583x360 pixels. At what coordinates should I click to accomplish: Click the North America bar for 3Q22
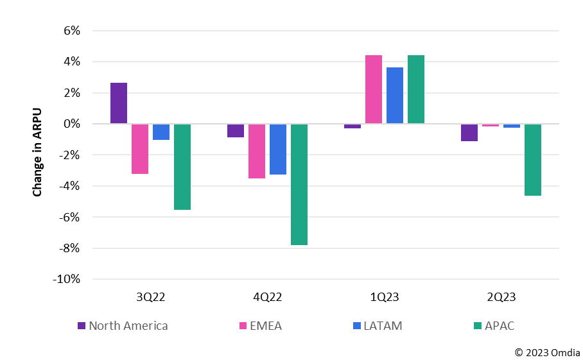pyautogui.click(x=119, y=103)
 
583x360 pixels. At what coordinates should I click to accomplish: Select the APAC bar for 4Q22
pyautogui.click(x=299, y=184)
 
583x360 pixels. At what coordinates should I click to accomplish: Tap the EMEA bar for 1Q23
pyautogui.click(x=374, y=89)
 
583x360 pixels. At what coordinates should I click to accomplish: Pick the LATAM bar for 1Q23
pyautogui.click(x=395, y=96)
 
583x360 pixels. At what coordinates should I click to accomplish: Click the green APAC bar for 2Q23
pyautogui.click(x=533, y=160)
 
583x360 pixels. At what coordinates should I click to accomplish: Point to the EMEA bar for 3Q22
pyautogui.click(x=140, y=149)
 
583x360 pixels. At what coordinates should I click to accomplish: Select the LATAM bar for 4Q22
pyautogui.click(x=278, y=149)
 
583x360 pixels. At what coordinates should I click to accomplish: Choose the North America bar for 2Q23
pyautogui.click(x=469, y=132)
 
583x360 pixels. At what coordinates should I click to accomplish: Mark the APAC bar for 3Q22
pyautogui.click(x=182, y=167)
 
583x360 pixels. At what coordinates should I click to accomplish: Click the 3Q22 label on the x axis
pyautogui.click(x=151, y=297)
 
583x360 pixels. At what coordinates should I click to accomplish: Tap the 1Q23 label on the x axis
pyautogui.click(x=385, y=297)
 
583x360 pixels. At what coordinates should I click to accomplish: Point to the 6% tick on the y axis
pyautogui.click(x=71, y=31)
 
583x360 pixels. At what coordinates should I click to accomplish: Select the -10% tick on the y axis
pyautogui.click(x=67, y=279)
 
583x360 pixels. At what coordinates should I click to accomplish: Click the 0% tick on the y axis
pyautogui.click(x=71, y=124)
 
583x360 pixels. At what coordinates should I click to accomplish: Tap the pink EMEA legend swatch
pyautogui.click(x=243, y=326)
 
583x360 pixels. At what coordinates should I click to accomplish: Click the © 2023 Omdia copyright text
pyautogui.click(x=548, y=352)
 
